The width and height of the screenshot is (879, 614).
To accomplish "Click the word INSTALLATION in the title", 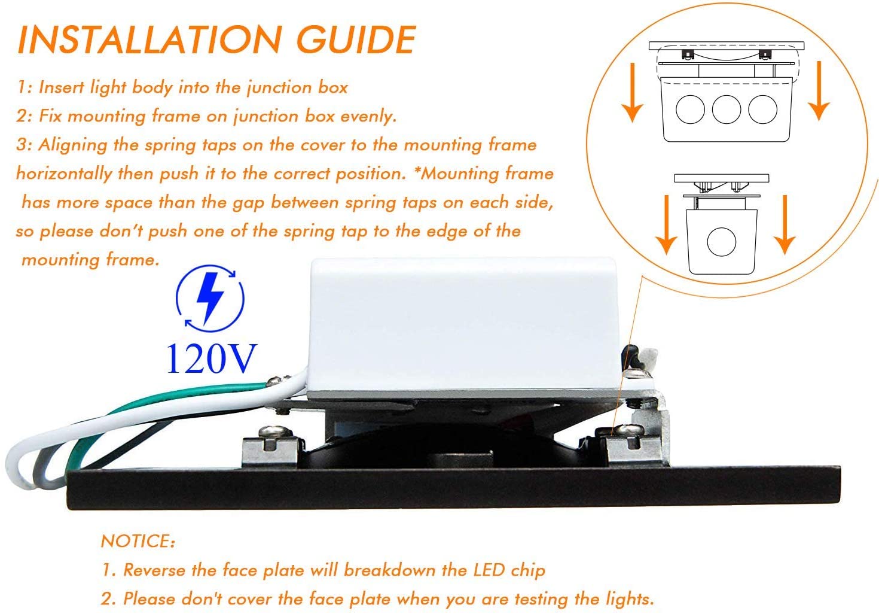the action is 149,39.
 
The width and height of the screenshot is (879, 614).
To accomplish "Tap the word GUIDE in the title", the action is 356,39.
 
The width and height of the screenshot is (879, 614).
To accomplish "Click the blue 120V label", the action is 212,358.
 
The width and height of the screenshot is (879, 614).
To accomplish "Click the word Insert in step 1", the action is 61,87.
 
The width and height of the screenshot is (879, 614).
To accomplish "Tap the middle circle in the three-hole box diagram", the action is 727,110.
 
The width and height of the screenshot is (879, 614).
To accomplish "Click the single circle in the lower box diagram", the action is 722,242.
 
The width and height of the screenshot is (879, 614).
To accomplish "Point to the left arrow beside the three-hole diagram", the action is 632,93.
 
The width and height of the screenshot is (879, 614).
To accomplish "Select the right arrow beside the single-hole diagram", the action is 785,224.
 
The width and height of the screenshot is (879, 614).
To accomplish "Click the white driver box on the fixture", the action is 463,326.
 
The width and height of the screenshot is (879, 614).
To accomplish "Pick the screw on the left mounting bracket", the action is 275,431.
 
